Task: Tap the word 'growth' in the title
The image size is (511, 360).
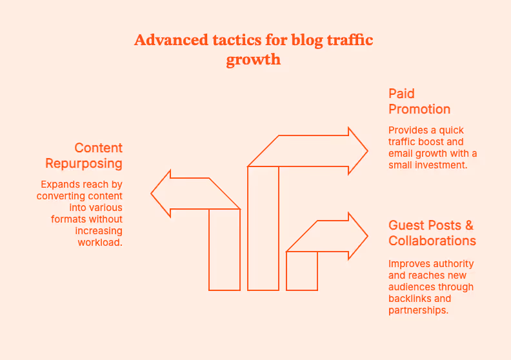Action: (254, 60)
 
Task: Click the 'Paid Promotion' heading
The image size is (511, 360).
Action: (419, 101)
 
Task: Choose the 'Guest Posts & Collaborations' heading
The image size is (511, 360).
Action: (432, 233)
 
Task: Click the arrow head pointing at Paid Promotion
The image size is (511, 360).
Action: (357, 151)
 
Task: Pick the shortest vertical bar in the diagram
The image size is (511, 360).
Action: (302, 271)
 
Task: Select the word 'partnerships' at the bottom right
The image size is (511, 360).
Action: (419, 310)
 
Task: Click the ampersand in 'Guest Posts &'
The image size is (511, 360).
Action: (469, 225)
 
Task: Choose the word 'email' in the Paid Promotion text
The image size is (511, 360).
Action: (400, 153)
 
